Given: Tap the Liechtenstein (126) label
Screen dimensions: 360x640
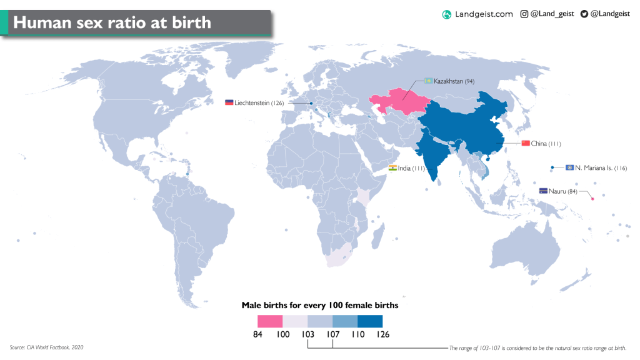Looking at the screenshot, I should [259, 103].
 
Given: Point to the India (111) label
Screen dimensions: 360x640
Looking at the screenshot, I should [412, 169].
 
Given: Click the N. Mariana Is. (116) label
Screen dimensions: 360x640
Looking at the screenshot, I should [601, 168].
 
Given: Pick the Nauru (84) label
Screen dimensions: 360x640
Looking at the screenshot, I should [564, 191].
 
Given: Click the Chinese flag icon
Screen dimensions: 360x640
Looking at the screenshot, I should [525, 144].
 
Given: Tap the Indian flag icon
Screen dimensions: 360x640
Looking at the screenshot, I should [392, 168].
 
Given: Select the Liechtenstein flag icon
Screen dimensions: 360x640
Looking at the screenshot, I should [229, 102].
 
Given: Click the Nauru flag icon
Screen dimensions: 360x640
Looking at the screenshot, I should [544, 191].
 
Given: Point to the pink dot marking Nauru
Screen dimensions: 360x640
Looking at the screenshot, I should [592, 199].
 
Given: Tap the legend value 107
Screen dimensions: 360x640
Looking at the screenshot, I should [332, 334].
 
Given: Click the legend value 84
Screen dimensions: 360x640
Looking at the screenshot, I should [257, 334].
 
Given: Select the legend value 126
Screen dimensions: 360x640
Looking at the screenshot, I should [382, 334].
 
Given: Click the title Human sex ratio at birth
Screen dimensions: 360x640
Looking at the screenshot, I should [112, 23].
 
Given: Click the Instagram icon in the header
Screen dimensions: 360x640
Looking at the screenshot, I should [524, 14].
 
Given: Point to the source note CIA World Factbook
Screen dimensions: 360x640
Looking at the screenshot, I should [47, 347].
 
